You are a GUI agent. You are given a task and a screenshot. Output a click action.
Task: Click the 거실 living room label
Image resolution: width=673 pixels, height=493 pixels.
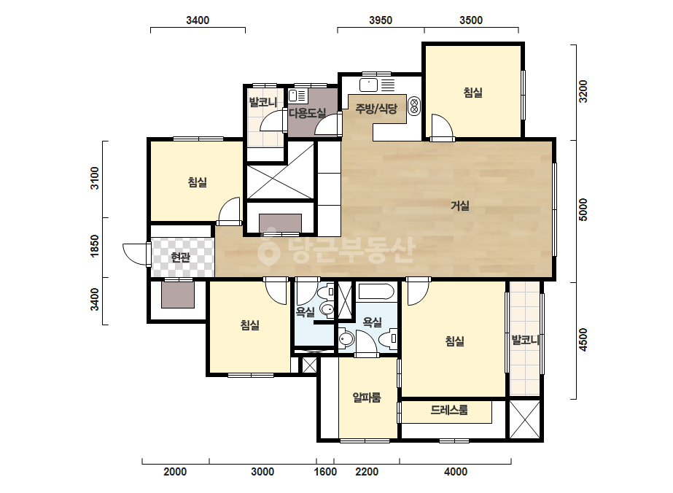(x=459, y=206)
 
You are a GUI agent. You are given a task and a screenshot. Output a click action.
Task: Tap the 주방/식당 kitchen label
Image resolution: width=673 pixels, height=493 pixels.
(x=376, y=109)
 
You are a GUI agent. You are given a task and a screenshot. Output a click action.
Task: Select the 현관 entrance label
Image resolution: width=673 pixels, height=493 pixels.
(x=180, y=257)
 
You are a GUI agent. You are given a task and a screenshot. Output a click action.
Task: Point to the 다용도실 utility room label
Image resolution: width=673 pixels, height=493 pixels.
(x=307, y=113)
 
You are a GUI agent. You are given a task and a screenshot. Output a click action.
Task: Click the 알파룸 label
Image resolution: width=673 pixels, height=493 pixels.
(x=367, y=397)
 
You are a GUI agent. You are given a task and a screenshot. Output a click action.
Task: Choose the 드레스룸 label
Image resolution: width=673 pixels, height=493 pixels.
(x=449, y=410)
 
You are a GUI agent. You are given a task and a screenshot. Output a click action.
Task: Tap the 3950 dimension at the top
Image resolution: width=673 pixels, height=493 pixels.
(x=381, y=20)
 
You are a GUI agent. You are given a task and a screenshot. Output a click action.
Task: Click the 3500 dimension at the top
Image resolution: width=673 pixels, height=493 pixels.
(x=471, y=20)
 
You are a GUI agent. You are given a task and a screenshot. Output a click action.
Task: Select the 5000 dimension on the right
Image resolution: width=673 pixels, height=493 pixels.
(x=583, y=209)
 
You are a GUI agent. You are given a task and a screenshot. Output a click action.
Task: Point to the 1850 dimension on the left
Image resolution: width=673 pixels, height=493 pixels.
(x=95, y=246)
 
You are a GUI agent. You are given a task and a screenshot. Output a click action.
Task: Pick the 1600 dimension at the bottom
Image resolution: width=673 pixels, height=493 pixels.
(x=325, y=472)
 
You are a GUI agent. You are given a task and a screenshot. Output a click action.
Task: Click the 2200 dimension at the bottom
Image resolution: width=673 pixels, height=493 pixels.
(x=367, y=472)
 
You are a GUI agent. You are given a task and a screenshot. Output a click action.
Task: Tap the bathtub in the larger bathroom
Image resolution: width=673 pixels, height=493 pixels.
(x=376, y=292)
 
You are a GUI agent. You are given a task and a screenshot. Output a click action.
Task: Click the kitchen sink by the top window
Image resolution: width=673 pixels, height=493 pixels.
(x=368, y=85)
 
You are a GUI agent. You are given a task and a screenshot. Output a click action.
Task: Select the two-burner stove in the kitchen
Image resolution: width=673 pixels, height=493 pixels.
(x=414, y=106)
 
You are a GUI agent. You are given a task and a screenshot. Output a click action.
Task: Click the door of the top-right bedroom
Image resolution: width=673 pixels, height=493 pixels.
(x=442, y=127)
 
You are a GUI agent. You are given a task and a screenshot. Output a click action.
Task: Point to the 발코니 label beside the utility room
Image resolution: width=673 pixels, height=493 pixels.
(x=263, y=102)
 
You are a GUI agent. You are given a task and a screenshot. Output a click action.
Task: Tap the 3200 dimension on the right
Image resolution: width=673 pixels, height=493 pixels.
(x=583, y=91)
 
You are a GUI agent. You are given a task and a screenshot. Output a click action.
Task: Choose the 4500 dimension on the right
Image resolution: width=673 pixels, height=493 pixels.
(x=583, y=340)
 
